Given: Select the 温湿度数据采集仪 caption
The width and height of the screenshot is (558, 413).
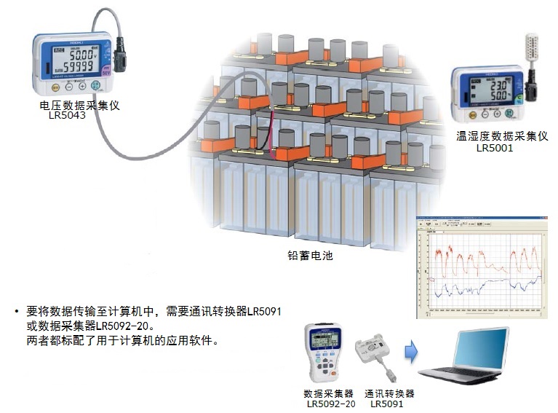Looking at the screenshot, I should click(x=502, y=136).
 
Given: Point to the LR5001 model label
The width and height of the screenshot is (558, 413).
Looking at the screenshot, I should click(x=495, y=147).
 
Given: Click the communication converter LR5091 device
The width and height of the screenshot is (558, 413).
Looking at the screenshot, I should click(x=374, y=350).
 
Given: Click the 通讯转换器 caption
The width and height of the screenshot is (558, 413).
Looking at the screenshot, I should click(x=389, y=393).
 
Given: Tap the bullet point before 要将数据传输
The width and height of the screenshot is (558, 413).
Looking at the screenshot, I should click(x=16, y=312).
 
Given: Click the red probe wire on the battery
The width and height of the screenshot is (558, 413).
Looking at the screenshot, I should click(x=271, y=131).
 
